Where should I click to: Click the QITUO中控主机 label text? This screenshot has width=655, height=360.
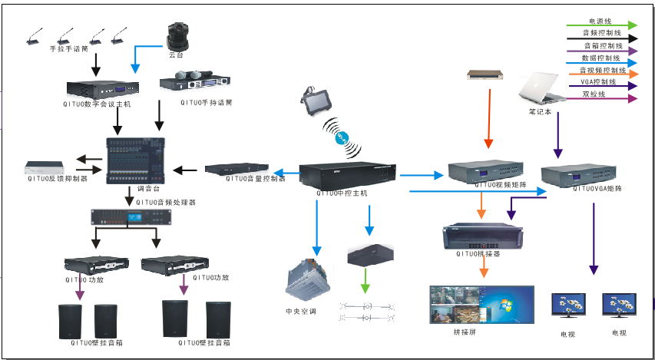[x=342, y=193]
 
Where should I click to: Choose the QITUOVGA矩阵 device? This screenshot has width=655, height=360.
[x=578, y=174]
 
